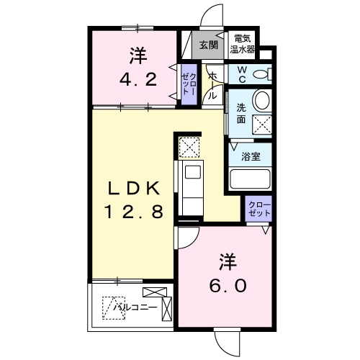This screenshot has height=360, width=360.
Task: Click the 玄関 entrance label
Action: click(208, 45)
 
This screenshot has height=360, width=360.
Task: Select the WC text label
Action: click(242, 73)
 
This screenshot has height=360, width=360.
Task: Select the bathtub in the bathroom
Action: click(248, 179)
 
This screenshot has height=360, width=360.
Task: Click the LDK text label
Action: click(134, 189)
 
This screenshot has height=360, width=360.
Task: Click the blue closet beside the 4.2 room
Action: click(186, 82)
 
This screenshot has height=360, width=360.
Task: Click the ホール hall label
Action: click(212, 85)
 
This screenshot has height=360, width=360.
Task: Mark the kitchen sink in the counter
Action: click(192, 173)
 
